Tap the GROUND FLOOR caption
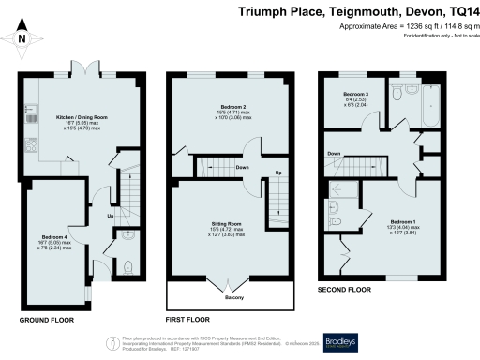click(x=46, y=320)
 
